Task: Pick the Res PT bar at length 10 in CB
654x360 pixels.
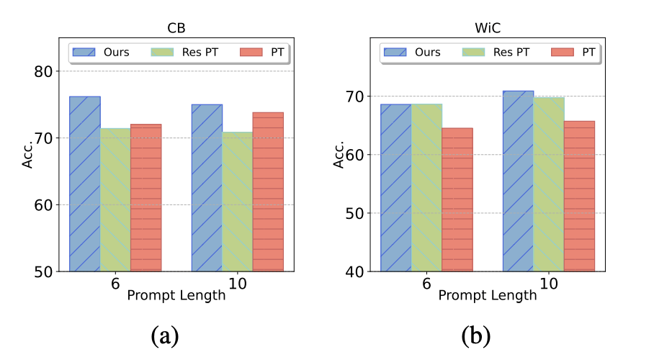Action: pos(237,202)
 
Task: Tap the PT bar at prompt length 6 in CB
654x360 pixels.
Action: pos(146,197)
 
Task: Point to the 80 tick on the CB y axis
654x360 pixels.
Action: pos(45,71)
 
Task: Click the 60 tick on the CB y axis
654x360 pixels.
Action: pos(45,204)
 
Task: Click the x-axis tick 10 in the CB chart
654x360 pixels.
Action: pos(237,284)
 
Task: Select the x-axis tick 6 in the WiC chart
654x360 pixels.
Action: pos(426,284)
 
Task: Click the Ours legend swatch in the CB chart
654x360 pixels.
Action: pos(89,52)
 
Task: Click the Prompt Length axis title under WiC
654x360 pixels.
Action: pos(488,296)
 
